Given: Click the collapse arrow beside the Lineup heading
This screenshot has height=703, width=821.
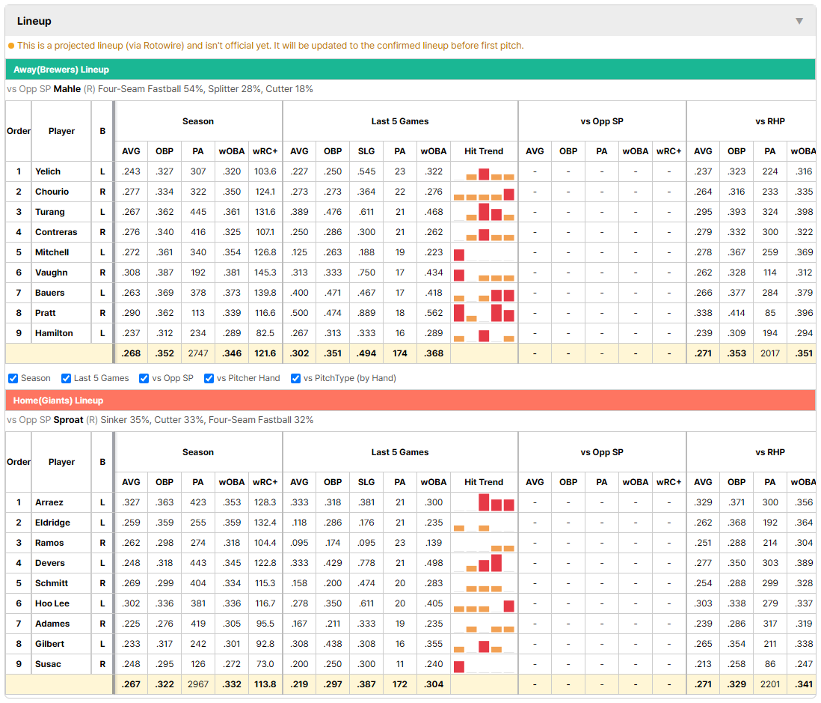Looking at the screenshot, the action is [x=799, y=21].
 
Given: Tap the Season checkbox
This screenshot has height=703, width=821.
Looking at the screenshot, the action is [x=13, y=379].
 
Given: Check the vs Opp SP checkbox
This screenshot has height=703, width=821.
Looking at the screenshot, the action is [x=144, y=379].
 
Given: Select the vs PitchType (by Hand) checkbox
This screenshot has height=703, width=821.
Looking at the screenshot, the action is [x=296, y=379].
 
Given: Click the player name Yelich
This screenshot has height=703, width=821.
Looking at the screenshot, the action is [x=48, y=171].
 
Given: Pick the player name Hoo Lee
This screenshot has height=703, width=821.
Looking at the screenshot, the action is [x=52, y=603].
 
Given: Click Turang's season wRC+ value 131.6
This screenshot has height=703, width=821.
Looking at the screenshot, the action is [x=265, y=212].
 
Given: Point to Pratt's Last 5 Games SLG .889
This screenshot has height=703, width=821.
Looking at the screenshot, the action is [x=366, y=313].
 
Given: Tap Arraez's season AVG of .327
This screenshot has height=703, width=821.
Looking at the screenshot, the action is [x=131, y=502].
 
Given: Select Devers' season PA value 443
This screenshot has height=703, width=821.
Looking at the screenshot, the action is [x=198, y=563].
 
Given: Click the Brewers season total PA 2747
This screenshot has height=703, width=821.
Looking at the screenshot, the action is [x=198, y=353].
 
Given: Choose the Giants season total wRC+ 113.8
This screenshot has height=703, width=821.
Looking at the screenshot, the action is [x=265, y=684].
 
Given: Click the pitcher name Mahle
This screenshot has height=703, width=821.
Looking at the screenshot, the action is [x=67, y=89].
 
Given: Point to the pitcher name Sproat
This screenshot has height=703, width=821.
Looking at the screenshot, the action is [x=68, y=420].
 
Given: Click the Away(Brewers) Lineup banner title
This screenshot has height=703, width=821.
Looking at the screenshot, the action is [x=61, y=70].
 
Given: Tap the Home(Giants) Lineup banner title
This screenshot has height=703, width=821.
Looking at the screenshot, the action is [x=58, y=401].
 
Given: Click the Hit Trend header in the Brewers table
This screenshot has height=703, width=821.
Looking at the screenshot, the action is [x=484, y=151].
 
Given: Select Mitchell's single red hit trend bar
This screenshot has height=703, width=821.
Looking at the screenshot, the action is [x=458, y=255].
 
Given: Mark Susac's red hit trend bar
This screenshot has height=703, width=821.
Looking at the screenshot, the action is [x=458, y=667].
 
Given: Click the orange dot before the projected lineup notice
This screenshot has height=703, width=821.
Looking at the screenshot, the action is [x=11, y=46].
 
